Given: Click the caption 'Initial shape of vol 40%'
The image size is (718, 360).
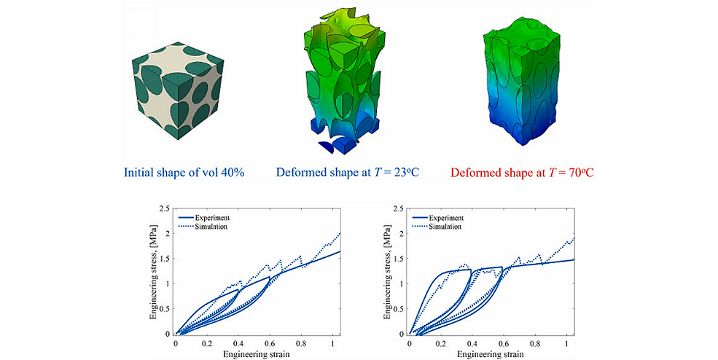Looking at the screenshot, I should pyautogui.click(x=184, y=173).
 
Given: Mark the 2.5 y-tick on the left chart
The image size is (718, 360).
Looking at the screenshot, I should pyautogui.click(x=167, y=208).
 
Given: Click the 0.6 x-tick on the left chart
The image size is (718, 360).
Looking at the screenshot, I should pyautogui.click(x=270, y=342).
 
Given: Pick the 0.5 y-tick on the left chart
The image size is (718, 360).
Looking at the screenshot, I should pyautogui.click(x=167, y=309).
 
